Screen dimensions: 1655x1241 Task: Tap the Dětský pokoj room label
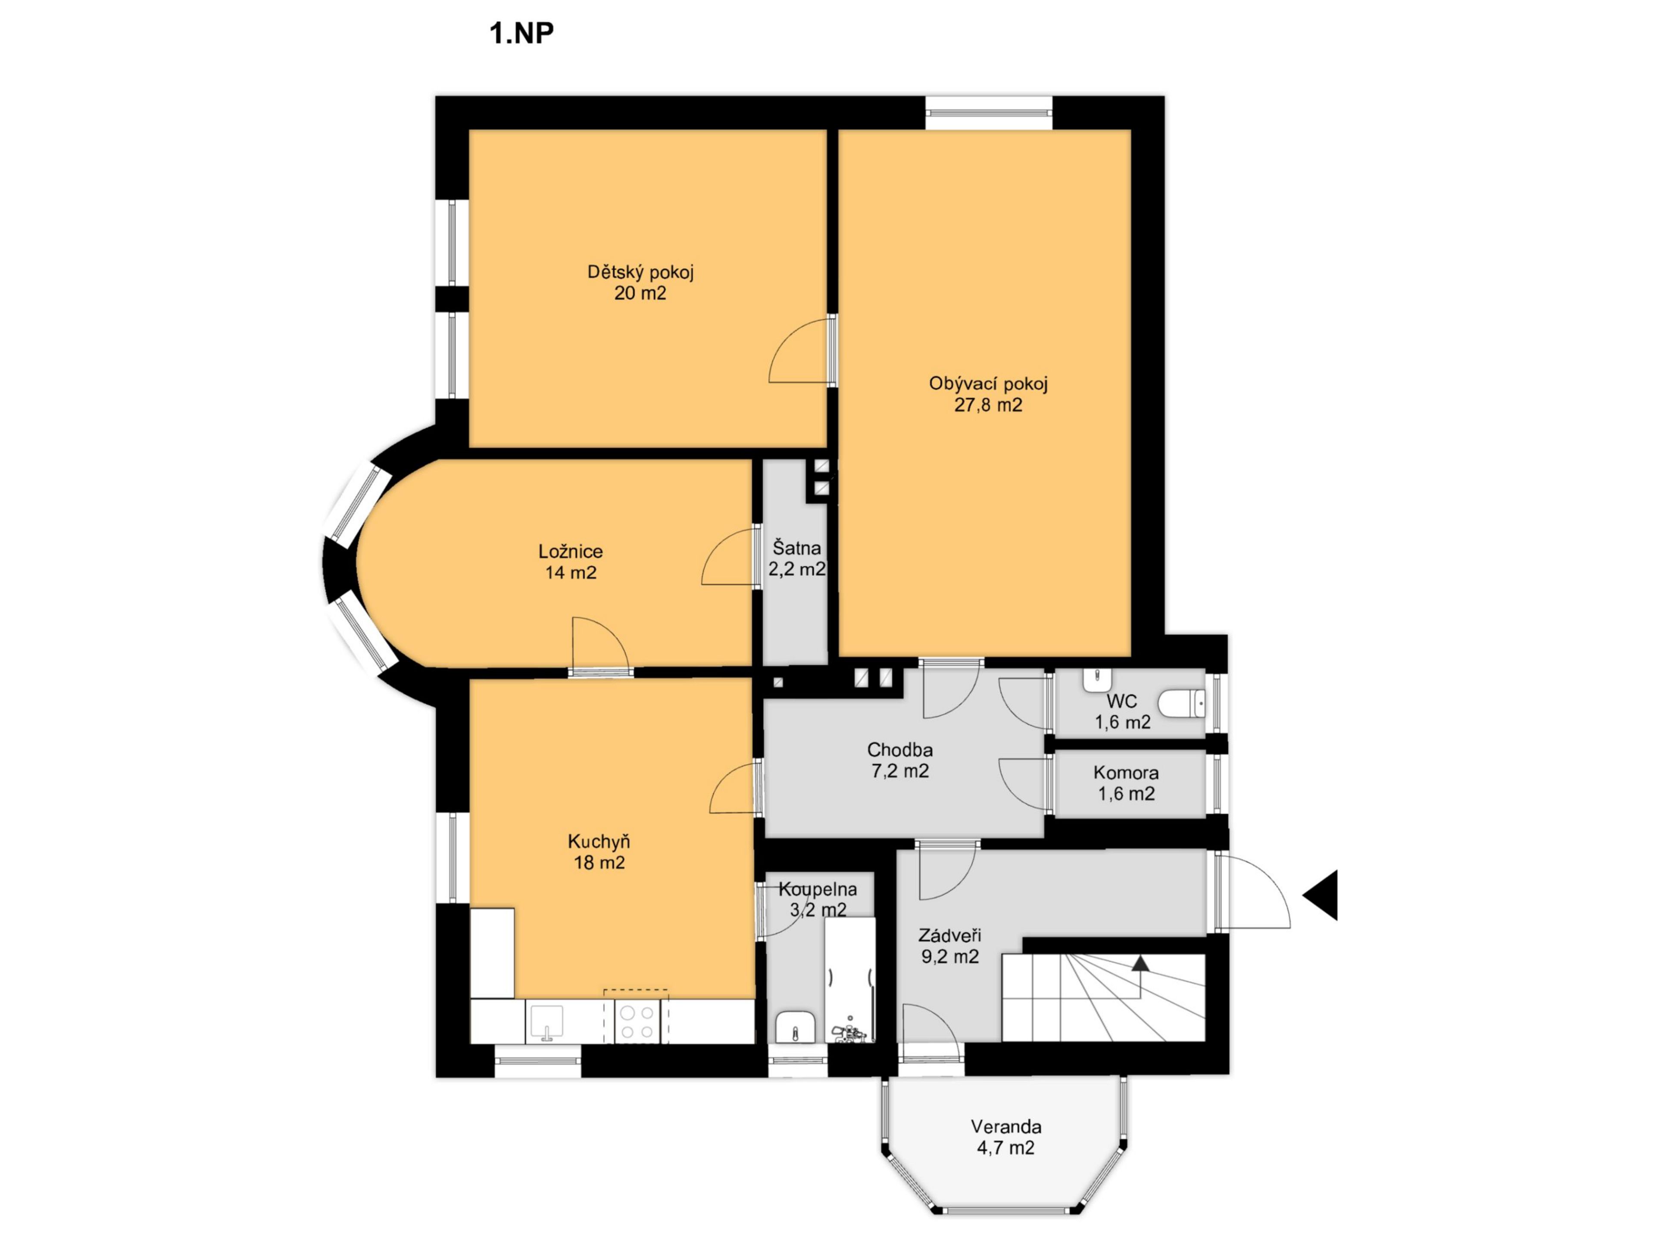(x=640, y=272)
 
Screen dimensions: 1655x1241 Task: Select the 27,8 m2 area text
(x=988, y=405)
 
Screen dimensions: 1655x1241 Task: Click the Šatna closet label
(x=797, y=548)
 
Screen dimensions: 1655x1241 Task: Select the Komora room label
(x=1126, y=773)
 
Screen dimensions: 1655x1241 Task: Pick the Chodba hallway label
(x=900, y=749)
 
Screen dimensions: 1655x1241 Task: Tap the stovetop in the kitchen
(x=637, y=1022)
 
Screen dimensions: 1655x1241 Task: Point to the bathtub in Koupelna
(x=850, y=980)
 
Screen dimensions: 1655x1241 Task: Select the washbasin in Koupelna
(x=795, y=1027)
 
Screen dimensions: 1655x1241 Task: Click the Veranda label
(x=1006, y=1126)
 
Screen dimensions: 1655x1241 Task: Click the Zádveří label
(x=949, y=935)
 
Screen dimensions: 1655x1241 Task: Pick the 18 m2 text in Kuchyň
(x=600, y=863)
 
